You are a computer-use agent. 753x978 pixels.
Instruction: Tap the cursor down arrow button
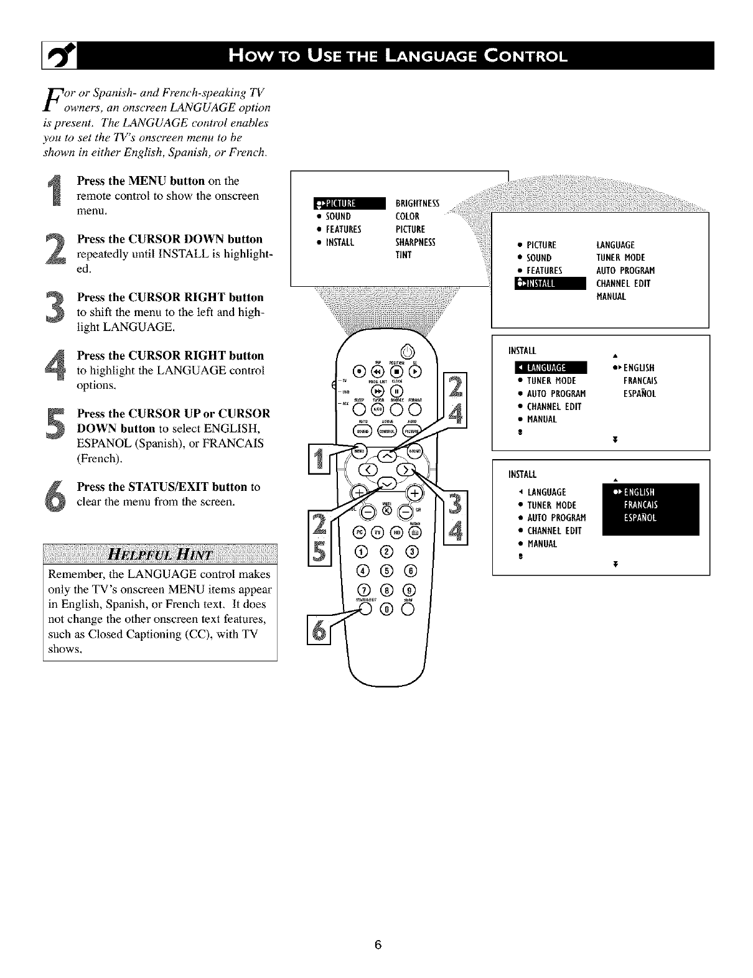pyautogui.click(x=386, y=483)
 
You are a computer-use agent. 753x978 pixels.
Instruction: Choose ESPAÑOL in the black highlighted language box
pyautogui.click(x=640, y=518)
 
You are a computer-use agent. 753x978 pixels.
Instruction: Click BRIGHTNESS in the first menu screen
pyautogui.click(x=418, y=203)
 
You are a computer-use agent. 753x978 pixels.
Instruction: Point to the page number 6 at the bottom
pyautogui.click(x=377, y=946)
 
